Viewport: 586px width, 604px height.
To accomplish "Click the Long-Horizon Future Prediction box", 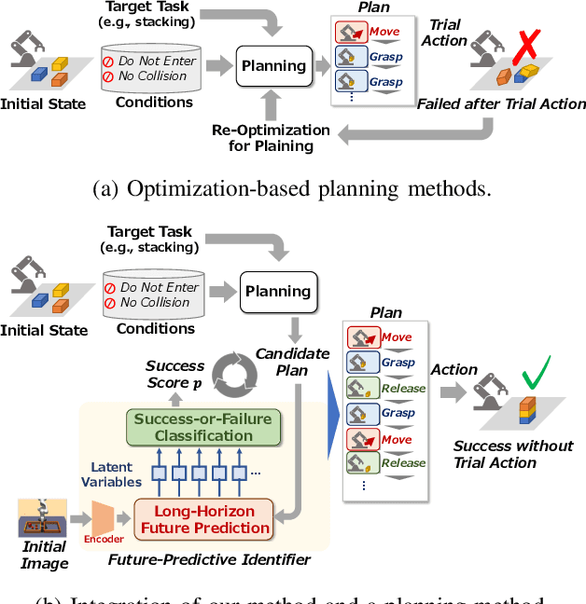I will click(x=204, y=518).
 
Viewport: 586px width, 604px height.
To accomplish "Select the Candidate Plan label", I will click(x=293, y=362).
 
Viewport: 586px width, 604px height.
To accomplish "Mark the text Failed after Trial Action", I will click(x=501, y=103).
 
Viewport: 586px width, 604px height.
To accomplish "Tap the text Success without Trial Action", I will click(x=513, y=454).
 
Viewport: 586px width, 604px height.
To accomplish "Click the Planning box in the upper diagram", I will click(x=273, y=66).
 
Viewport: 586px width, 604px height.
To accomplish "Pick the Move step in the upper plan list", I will click(x=370, y=33).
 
